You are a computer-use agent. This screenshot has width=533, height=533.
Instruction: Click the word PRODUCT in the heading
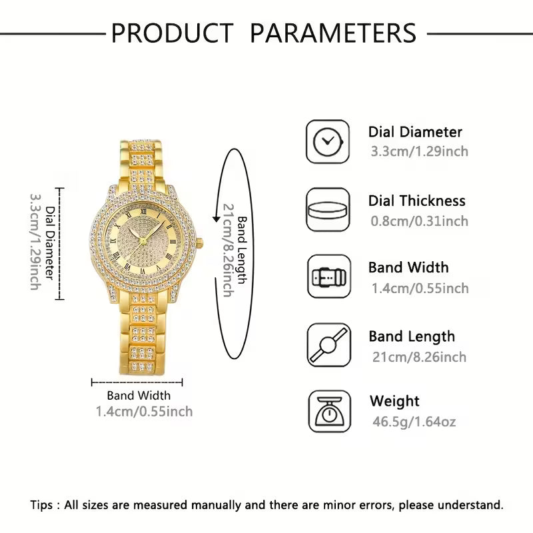click(x=172, y=32)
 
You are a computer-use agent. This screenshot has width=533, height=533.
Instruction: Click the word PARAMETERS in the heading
click(x=333, y=32)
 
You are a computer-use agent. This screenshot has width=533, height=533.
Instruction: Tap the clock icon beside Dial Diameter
click(x=328, y=141)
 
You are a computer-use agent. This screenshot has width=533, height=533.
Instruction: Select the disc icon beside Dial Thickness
click(x=328, y=209)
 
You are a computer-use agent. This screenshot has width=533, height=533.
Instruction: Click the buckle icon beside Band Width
click(x=328, y=276)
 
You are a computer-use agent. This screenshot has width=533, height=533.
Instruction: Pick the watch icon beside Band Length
click(x=328, y=344)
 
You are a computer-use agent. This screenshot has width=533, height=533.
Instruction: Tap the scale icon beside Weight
click(x=328, y=412)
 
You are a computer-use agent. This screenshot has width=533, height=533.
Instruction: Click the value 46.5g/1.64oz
click(x=413, y=422)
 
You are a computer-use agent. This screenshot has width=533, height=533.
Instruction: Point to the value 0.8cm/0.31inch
click(x=420, y=221)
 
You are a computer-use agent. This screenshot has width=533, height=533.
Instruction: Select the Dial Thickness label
click(x=417, y=201)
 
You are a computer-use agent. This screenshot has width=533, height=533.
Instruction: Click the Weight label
click(x=394, y=401)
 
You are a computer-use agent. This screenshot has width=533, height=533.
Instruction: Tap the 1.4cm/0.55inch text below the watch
click(x=144, y=412)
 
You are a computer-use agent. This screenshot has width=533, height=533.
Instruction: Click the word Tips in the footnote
click(x=43, y=504)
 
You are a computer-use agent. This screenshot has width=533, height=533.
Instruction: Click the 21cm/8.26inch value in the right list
click(x=419, y=357)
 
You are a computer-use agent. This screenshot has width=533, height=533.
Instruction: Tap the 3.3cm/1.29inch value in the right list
click(x=420, y=151)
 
